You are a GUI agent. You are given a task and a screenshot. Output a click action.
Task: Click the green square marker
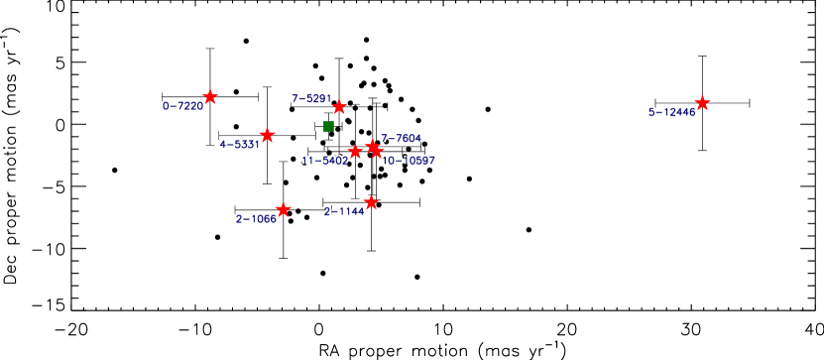pyautogui.click(x=328, y=126)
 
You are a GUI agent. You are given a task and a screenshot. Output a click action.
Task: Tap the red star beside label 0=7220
pyautogui.click(x=210, y=97)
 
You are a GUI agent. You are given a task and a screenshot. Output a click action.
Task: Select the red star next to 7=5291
pyautogui.click(x=338, y=106)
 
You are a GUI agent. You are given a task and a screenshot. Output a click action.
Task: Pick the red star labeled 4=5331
pyautogui.click(x=267, y=135)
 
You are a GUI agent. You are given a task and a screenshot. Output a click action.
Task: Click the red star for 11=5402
pyautogui.click(x=355, y=152)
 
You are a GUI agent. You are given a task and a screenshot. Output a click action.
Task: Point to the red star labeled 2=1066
pyautogui.click(x=283, y=209)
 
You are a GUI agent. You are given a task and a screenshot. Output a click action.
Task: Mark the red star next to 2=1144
pyautogui.click(x=371, y=202)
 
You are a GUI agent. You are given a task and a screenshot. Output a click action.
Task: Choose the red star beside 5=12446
pyautogui.click(x=702, y=103)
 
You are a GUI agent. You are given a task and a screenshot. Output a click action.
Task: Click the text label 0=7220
pyautogui.click(x=182, y=106)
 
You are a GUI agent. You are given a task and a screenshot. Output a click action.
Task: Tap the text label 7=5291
pyautogui.click(x=310, y=98)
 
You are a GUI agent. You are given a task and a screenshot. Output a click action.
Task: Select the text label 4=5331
pyautogui.click(x=239, y=145)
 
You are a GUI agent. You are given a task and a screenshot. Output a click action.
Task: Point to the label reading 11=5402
pyautogui.click(x=325, y=161)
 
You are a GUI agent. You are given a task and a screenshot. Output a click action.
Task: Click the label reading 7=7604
pyautogui.click(x=402, y=138)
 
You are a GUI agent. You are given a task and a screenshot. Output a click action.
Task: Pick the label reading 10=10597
pyautogui.click(x=409, y=161)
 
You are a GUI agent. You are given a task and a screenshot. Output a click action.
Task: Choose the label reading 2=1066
pyautogui.click(x=256, y=219)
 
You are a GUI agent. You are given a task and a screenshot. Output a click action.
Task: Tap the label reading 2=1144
pyautogui.click(x=344, y=211)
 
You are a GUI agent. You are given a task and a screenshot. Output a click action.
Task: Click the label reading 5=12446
pyautogui.click(x=671, y=112)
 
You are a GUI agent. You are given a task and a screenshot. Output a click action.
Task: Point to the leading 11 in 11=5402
pyautogui.click(x=308, y=161)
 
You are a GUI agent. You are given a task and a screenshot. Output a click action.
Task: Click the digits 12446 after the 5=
pyautogui.click(x=679, y=112)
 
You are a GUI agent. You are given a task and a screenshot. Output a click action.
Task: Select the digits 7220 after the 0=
pyautogui.click(x=190, y=106)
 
